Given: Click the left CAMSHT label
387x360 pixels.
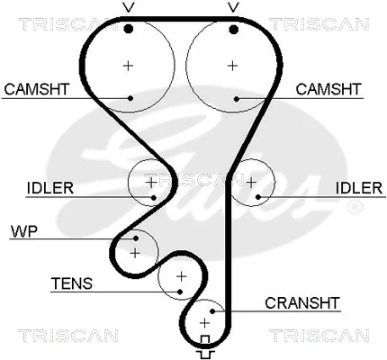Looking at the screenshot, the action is point(37,89).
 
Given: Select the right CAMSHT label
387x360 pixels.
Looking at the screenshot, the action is point(328,89).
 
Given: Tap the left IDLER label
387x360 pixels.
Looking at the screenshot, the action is point(50,188).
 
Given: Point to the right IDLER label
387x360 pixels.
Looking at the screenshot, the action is point(359,188).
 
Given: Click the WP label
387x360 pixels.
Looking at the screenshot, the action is point(24,231).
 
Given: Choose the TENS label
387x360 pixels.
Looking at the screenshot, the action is point(72,283).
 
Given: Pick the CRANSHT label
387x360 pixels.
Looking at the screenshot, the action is point(302,303).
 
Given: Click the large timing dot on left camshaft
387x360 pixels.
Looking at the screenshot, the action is point(129,29).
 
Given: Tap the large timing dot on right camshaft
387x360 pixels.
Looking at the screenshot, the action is point(233,30).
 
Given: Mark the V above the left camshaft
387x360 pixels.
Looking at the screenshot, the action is point(128,7).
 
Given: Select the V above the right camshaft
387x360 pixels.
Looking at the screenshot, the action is point(233,7).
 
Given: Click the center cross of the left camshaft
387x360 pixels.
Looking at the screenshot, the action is point(128,66).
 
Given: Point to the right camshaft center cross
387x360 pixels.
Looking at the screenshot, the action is point(232,66).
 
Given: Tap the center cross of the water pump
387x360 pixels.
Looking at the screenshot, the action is point(135,254).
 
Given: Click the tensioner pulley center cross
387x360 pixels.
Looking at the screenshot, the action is point(181,276).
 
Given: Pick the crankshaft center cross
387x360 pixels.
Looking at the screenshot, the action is point(204,323).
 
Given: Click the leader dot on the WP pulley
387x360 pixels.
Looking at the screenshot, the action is point(136,238).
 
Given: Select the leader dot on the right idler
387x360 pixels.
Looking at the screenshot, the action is point(258,197).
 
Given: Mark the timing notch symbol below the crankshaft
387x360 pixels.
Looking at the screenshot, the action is point(205,347).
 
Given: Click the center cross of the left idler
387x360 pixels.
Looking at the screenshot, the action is point(151,182).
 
